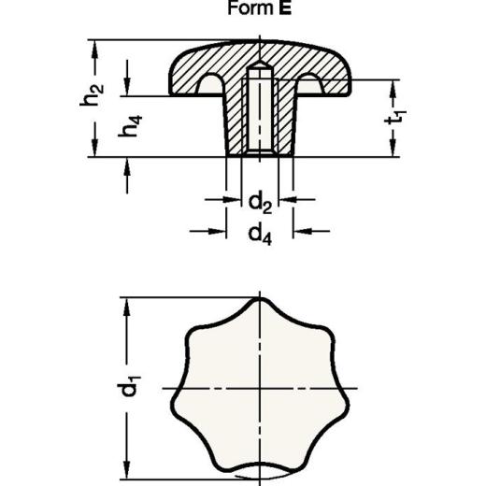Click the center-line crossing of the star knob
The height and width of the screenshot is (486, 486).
pos(259,387)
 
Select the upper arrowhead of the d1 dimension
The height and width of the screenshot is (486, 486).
pos(123,305)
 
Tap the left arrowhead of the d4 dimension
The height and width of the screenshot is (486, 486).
pos(219,231)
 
